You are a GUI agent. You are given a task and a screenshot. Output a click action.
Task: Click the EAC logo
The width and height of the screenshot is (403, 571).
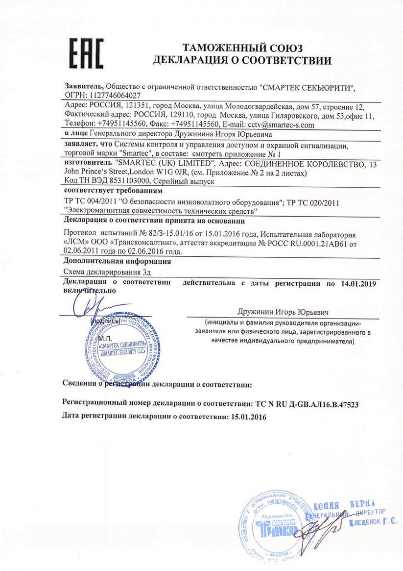pos(86,53)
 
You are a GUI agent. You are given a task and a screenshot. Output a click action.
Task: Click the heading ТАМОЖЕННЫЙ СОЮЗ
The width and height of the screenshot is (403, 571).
pos(242,48)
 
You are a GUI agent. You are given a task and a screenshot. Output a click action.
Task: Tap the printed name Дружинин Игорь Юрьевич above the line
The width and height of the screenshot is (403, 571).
pos(283,311)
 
